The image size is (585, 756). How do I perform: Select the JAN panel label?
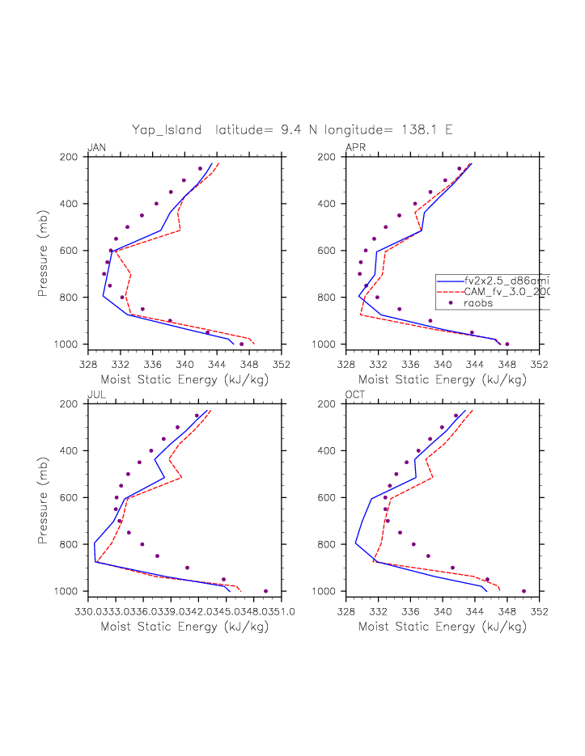point(96,147)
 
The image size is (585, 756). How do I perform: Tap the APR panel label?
point(356,147)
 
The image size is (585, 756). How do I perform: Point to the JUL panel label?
point(96,394)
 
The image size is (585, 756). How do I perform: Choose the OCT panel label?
point(356,394)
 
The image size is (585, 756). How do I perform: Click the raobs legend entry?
point(478,303)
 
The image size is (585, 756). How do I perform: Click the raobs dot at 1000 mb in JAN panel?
point(241,344)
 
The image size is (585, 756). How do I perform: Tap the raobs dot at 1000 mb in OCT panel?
point(524,591)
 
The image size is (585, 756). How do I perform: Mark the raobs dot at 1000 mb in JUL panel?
point(265,591)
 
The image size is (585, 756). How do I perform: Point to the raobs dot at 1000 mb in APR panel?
point(507,344)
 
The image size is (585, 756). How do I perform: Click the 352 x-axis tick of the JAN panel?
point(281,364)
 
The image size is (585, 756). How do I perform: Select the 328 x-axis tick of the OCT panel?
point(346,611)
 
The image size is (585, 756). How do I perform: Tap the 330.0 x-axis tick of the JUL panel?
point(91,611)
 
